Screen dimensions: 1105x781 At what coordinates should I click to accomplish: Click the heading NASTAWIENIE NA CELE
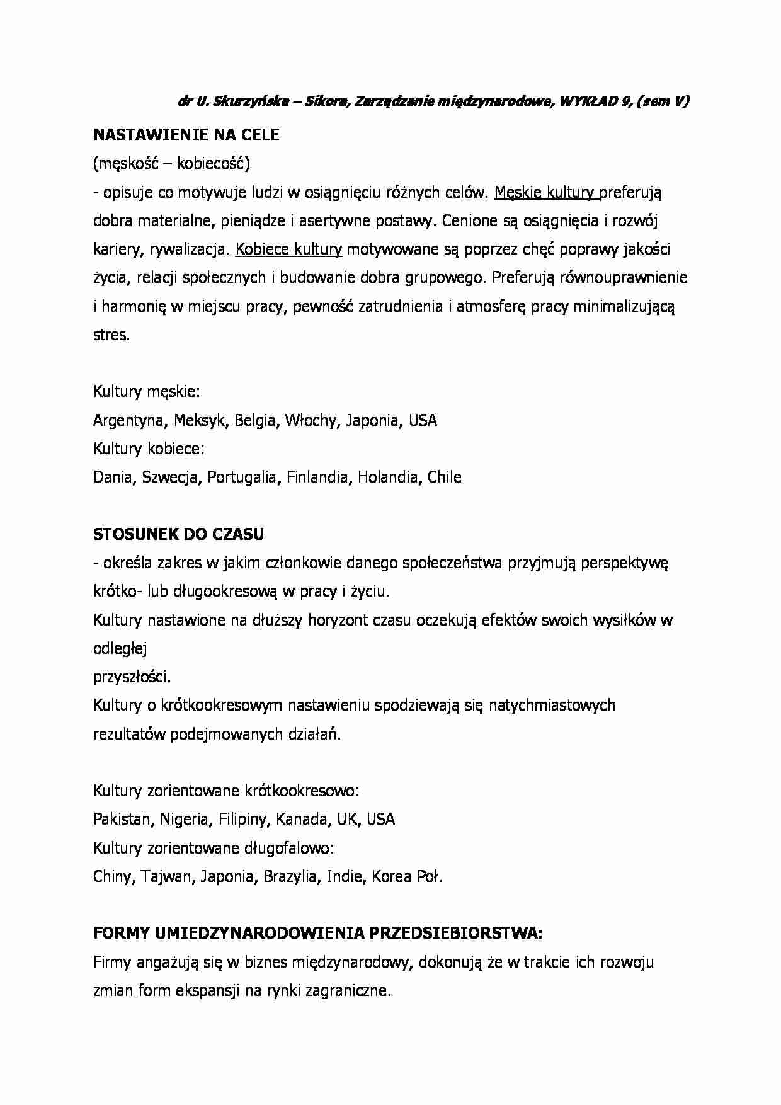186,135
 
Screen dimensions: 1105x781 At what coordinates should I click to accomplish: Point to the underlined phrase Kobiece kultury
288,249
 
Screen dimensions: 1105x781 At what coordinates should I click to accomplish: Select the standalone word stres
111,335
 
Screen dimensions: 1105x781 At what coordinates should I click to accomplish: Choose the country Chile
444,477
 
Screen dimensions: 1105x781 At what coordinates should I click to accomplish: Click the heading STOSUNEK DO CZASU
178,534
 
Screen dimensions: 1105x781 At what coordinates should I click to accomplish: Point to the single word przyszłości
132,677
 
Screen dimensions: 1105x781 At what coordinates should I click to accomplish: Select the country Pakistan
122,819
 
